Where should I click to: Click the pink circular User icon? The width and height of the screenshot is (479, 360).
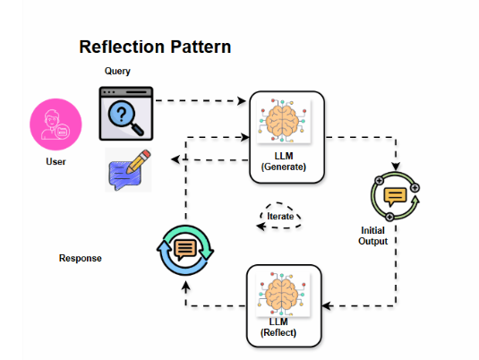tap(56, 126)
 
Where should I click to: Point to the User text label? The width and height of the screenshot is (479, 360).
tap(56, 162)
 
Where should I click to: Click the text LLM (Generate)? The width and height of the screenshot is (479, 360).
tap(283, 161)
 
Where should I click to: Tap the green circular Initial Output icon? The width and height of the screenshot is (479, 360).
tap(394, 197)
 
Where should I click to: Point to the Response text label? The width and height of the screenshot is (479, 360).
tap(81, 258)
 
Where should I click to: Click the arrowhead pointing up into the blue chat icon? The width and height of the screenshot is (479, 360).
tap(185, 285)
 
